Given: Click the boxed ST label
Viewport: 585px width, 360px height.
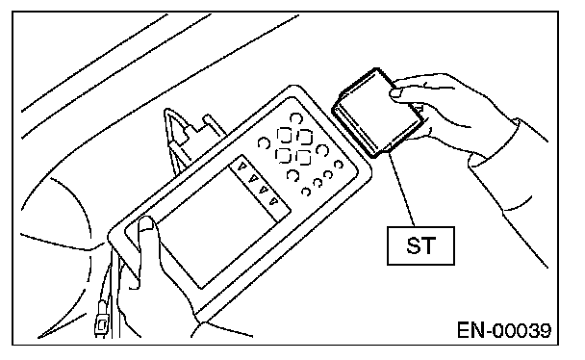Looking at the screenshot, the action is pyautogui.click(x=420, y=245).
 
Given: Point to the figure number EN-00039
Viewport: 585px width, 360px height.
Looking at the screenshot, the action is pyautogui.click(x=504, y=330).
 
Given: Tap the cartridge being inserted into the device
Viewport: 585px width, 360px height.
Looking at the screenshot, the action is pyautogui.click(x=377, y=113).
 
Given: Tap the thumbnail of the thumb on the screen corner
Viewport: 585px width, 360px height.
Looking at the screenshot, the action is pyautogui.click(x=146, y=223).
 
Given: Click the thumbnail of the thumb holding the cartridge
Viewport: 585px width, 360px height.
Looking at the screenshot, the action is pyautogui.click(x=396, y=92).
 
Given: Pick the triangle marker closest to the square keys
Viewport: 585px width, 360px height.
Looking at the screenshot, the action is pyautogui.click(x=242, y=166).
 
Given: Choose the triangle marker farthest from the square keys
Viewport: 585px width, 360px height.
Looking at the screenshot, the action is pyautogui.click(x=274, y=201).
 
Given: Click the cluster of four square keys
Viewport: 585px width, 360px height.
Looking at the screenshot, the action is pyautogui.click(x=294, y=146).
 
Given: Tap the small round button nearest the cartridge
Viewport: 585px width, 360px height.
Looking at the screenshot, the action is pyautogui.click(x=339, y=165).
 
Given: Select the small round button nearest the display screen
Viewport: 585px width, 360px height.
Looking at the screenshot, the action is pyautogui.click(x=306, y=192).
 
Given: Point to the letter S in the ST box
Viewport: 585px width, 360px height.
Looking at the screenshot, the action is pyautogui.click(x=414, y=245).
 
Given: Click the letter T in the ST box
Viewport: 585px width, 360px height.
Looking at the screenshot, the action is pyautogui.click(x=429, y=245).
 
